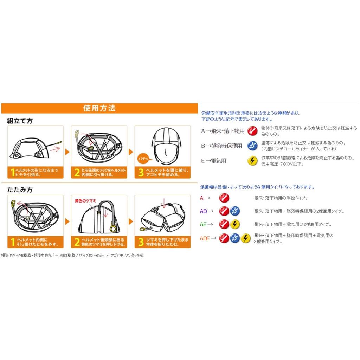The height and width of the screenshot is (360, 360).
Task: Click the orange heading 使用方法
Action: click(x=99, y=108)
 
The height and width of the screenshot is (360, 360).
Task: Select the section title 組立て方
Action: click(x=20, y=121)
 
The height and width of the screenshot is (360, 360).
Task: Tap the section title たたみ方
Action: click(x=20, y=189)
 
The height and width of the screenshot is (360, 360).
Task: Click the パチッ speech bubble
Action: click(x=144, y=159)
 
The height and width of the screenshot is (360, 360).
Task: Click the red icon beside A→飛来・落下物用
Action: click(x=252, y=131)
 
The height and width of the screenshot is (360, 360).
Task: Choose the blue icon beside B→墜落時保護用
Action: click(x=252, y=146)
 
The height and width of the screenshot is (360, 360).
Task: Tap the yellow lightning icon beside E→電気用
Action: click(x=252, y=161)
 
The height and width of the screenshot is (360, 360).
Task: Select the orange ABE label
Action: click(x=205, y=238)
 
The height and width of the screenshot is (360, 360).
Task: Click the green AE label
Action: click(x=203, y=224)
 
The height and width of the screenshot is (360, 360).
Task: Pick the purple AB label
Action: click(x=204, y=211)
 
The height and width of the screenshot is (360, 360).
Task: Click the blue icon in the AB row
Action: click(x=234, y=211)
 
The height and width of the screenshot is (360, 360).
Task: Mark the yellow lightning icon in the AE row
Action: click(x=234, y=224)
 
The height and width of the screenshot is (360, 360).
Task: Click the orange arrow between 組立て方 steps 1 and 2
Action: click(x=67, y=152)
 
